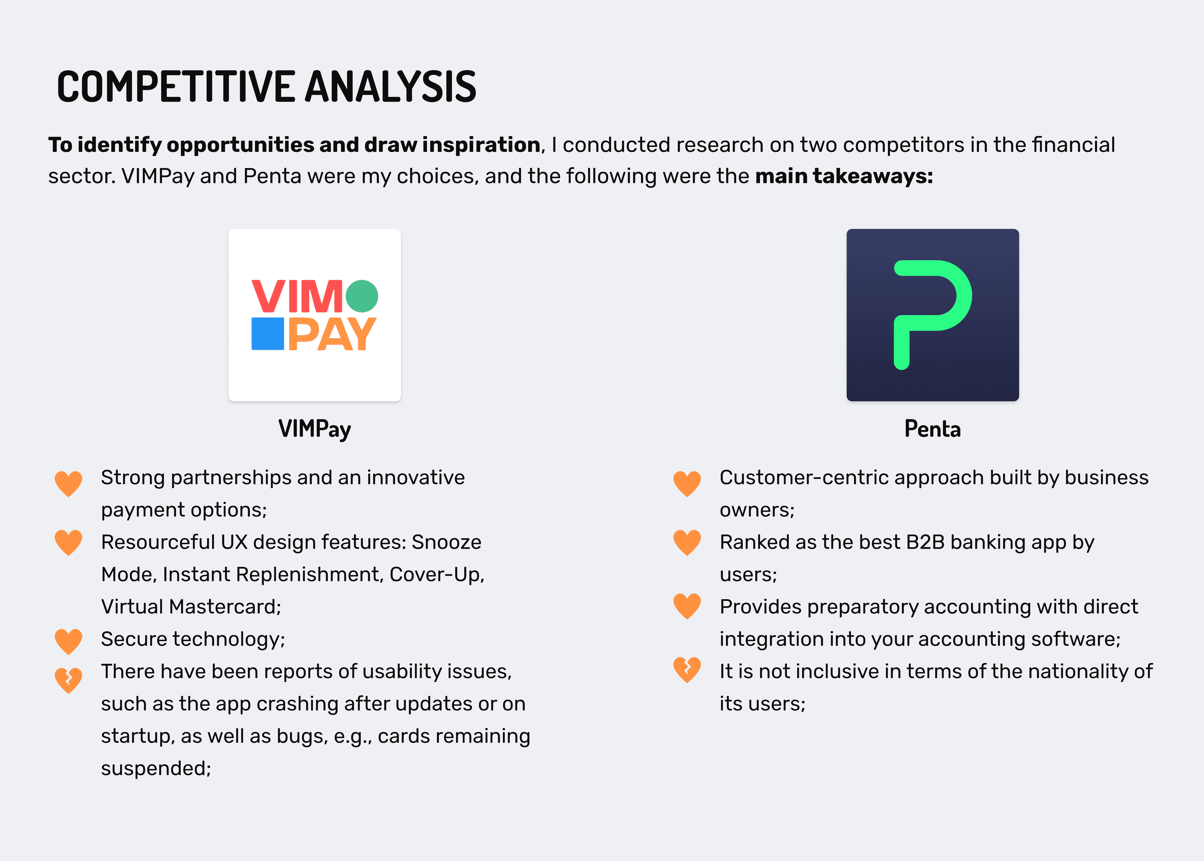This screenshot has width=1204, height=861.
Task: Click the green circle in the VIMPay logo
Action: coord(362,296)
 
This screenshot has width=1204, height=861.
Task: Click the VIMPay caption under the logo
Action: coord(314,429)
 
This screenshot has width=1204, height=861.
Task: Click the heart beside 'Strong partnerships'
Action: coord(68,484)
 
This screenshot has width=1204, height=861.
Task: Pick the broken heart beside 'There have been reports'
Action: coord(68,680)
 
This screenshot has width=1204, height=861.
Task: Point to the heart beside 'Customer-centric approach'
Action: coord(687,484)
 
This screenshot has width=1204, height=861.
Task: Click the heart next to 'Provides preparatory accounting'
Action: coord(687,606)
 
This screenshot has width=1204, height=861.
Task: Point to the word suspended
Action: coord(156,768)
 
